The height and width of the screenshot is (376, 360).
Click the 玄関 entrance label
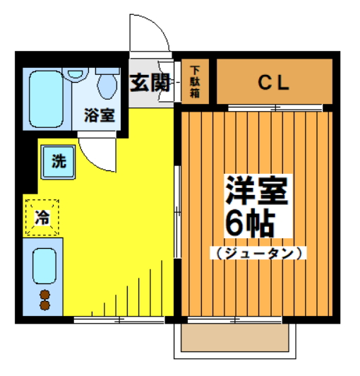point(150,83)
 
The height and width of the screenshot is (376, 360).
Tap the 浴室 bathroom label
point(99,115)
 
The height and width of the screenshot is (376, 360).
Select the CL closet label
point(273,82)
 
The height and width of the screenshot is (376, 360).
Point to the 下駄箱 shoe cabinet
point(195,82)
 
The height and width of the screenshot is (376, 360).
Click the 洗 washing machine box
point(56,161)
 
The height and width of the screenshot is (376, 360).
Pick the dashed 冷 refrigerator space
point(42,218)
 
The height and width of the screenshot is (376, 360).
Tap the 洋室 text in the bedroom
point(256,189)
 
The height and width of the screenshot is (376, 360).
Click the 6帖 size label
point(248,225)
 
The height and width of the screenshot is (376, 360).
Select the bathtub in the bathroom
point(45,98)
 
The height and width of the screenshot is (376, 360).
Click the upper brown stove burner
point(45,294)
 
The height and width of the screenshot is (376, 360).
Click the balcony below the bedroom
point(236,338)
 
